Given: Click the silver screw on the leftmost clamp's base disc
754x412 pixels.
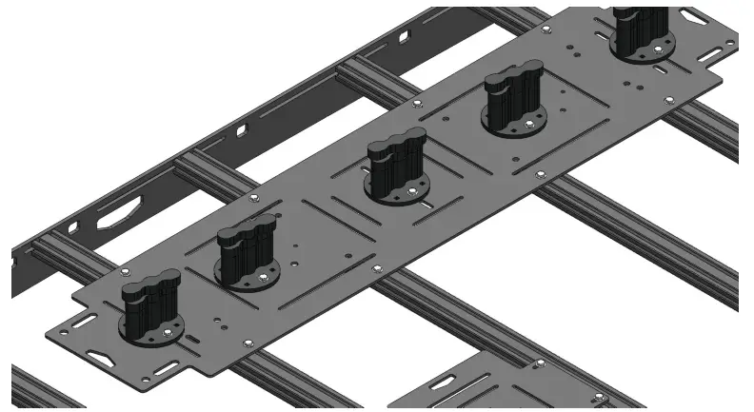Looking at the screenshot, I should (169, 331).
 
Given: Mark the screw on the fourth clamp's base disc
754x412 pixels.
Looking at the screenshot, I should (529, 125).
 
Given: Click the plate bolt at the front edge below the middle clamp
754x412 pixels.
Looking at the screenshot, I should (378, 269).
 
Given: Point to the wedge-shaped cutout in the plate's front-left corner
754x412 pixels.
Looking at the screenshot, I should (100, 357).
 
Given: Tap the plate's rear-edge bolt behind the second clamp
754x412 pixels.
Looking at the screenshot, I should (255, 198).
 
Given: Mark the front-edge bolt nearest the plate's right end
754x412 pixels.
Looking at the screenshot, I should (667, 98).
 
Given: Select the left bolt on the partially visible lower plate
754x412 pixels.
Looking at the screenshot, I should (539, 363).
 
